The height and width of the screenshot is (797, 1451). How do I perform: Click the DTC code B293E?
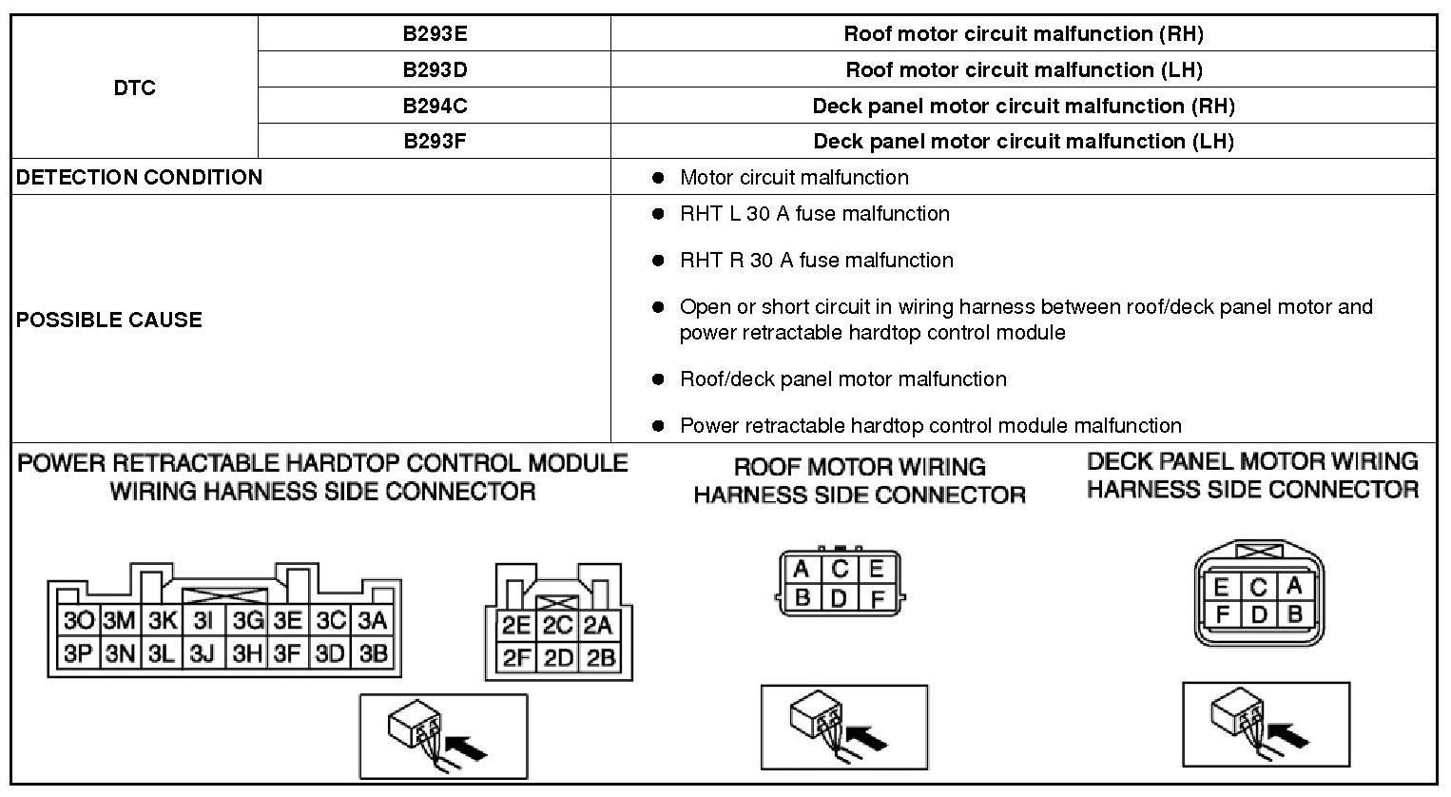tap(435, 34)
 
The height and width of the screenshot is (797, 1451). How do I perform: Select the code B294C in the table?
tap(435, 106)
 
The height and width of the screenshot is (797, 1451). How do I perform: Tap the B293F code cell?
tap(435, 142)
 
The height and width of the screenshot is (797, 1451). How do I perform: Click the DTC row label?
tap(134, 87)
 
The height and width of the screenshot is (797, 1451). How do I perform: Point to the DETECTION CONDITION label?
tap(139, 178)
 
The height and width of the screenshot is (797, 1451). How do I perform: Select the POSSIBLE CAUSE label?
tap(109, 320)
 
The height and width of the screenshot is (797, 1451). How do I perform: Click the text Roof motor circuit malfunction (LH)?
tap(1023, 70)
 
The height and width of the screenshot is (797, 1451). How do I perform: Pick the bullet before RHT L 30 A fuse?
tap(657, 214)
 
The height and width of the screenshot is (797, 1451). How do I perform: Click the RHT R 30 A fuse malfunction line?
tap(816, 261)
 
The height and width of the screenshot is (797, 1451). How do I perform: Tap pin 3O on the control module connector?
tap(78, 621)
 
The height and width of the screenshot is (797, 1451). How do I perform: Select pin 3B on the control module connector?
tap(373, 653)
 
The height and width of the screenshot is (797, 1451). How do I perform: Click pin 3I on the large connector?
tap(203, 621)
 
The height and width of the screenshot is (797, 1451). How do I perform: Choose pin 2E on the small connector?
tap(516, 626)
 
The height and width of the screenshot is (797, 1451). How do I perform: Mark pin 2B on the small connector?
tap(601, 658)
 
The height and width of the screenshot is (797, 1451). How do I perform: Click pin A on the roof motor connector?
tap(802, 570)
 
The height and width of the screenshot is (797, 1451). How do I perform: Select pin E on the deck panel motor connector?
tap(1221, 587)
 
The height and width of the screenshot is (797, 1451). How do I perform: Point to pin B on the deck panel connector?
tap(1293, 614)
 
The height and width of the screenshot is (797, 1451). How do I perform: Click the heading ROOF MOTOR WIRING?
tap(860, 467)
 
